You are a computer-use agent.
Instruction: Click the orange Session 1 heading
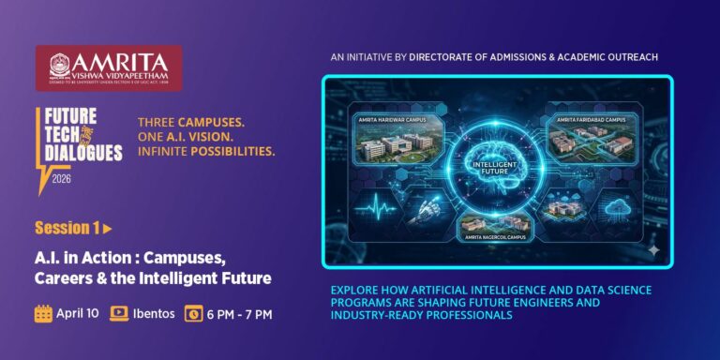(67, 228)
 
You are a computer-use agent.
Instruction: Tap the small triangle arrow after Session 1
(108, 228)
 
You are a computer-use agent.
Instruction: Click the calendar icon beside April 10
(44, 313)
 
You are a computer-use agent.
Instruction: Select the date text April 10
(78, 313)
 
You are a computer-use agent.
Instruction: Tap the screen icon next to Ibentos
(119, 313)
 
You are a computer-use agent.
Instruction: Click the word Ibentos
(154, 313)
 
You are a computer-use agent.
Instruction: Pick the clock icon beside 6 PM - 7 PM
(194, 313)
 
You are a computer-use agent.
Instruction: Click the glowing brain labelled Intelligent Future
(497, 159)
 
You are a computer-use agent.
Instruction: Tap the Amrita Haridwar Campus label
(392, 120)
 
